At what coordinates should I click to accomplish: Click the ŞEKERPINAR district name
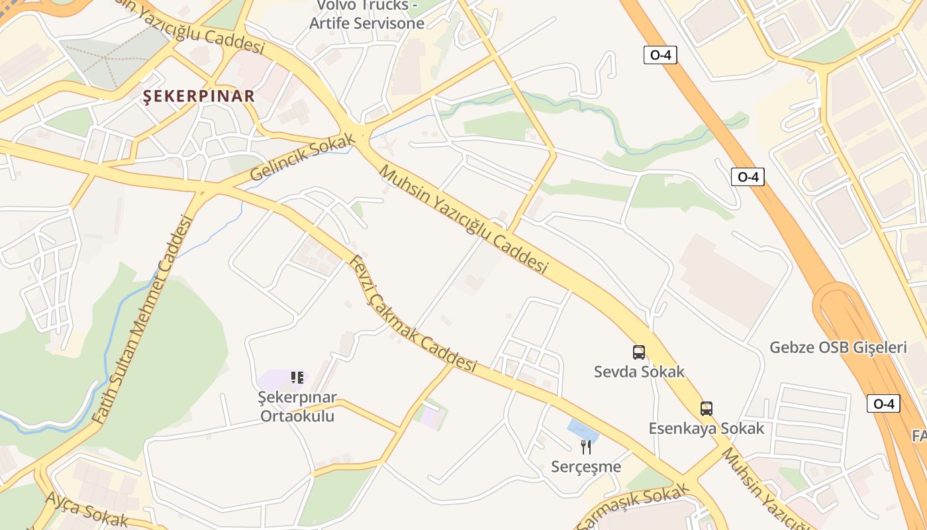point(199,96)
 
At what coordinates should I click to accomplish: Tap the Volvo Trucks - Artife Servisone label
point(367,15)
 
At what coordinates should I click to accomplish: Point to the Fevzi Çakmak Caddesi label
point(413,314)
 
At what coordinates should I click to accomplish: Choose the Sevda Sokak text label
point(639,372)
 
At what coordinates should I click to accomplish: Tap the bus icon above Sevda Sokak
point(639,352)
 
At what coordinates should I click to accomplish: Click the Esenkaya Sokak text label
point(707,429)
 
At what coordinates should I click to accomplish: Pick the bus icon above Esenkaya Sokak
point(707,409)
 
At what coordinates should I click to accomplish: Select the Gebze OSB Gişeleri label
point(838,347)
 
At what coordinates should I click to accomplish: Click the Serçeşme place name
point(586,467)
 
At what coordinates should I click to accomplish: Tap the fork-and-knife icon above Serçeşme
point(586,447)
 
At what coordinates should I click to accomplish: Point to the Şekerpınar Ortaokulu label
point(297,407)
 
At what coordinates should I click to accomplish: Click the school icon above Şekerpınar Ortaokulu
point(297,378)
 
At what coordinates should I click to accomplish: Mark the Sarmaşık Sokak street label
point(634,509)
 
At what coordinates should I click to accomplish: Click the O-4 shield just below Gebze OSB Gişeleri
point(883,403)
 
